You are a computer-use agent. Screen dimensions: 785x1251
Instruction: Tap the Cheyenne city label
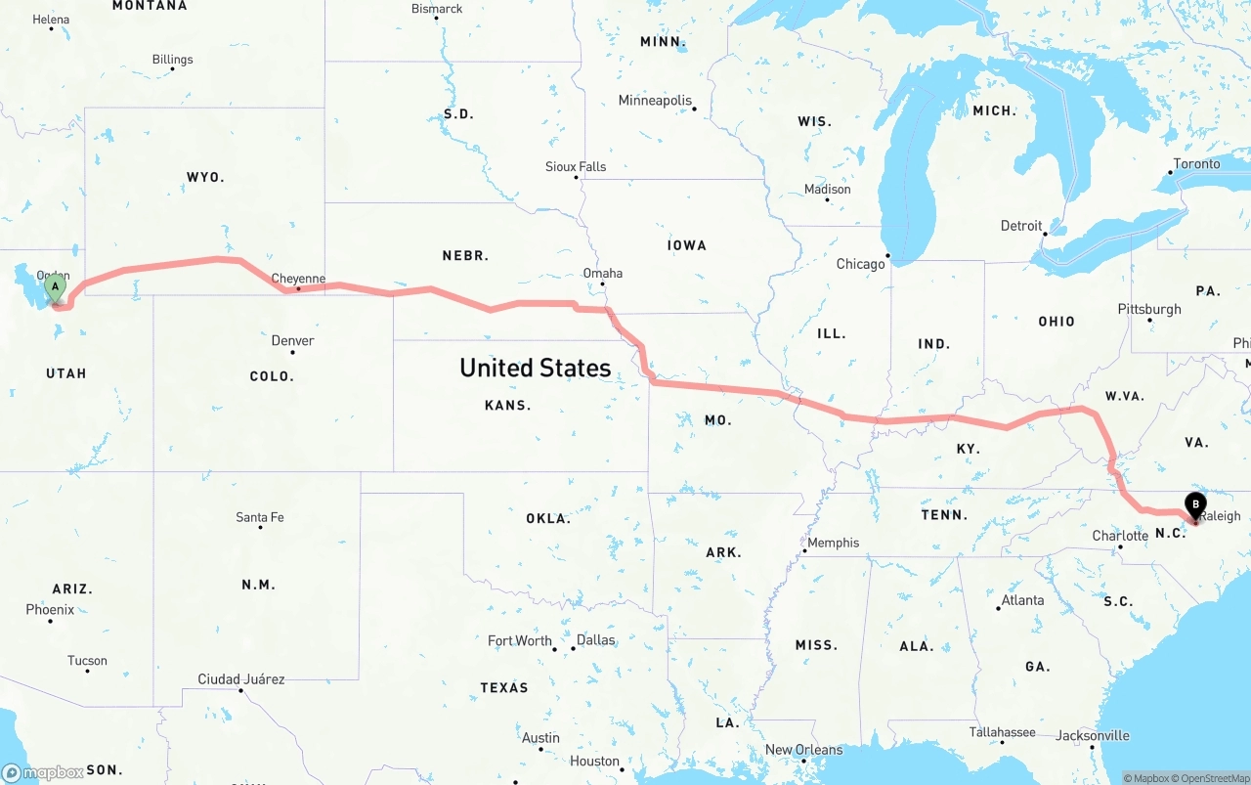[x=298, y=279]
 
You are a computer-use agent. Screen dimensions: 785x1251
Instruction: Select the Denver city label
[x=292, y=340]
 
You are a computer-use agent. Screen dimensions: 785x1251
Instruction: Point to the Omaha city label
[x=602, y=273]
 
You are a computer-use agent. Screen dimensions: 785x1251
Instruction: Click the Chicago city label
[x=860, y=264]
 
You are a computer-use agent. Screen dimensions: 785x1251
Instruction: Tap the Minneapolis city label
[x=655, y=101]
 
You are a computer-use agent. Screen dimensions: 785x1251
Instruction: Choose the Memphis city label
[x=833, y=543]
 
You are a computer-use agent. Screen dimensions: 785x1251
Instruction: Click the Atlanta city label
[x=1022, y=600]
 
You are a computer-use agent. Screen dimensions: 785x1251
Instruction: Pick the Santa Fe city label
[x=260, y=517]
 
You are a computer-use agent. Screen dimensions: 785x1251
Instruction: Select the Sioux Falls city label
[x=576, y=167]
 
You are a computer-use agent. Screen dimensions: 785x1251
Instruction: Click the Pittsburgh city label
[x=1149, y=309]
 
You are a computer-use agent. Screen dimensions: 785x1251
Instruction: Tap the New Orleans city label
[x=803, y=750]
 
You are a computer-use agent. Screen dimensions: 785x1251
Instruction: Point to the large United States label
[x=535, y=368]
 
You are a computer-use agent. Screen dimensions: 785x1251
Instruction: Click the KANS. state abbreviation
[x=507, y=405]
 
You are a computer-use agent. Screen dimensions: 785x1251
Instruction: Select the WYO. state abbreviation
[x=205, y=177]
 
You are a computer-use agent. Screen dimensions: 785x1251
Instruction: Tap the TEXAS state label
[x=504, y=688]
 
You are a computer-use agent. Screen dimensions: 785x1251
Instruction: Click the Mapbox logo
[x=42, y=772]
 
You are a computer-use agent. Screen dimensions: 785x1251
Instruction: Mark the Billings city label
[x=173, y=60]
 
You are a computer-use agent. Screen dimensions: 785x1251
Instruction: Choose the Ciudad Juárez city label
[x=241, y=678]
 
